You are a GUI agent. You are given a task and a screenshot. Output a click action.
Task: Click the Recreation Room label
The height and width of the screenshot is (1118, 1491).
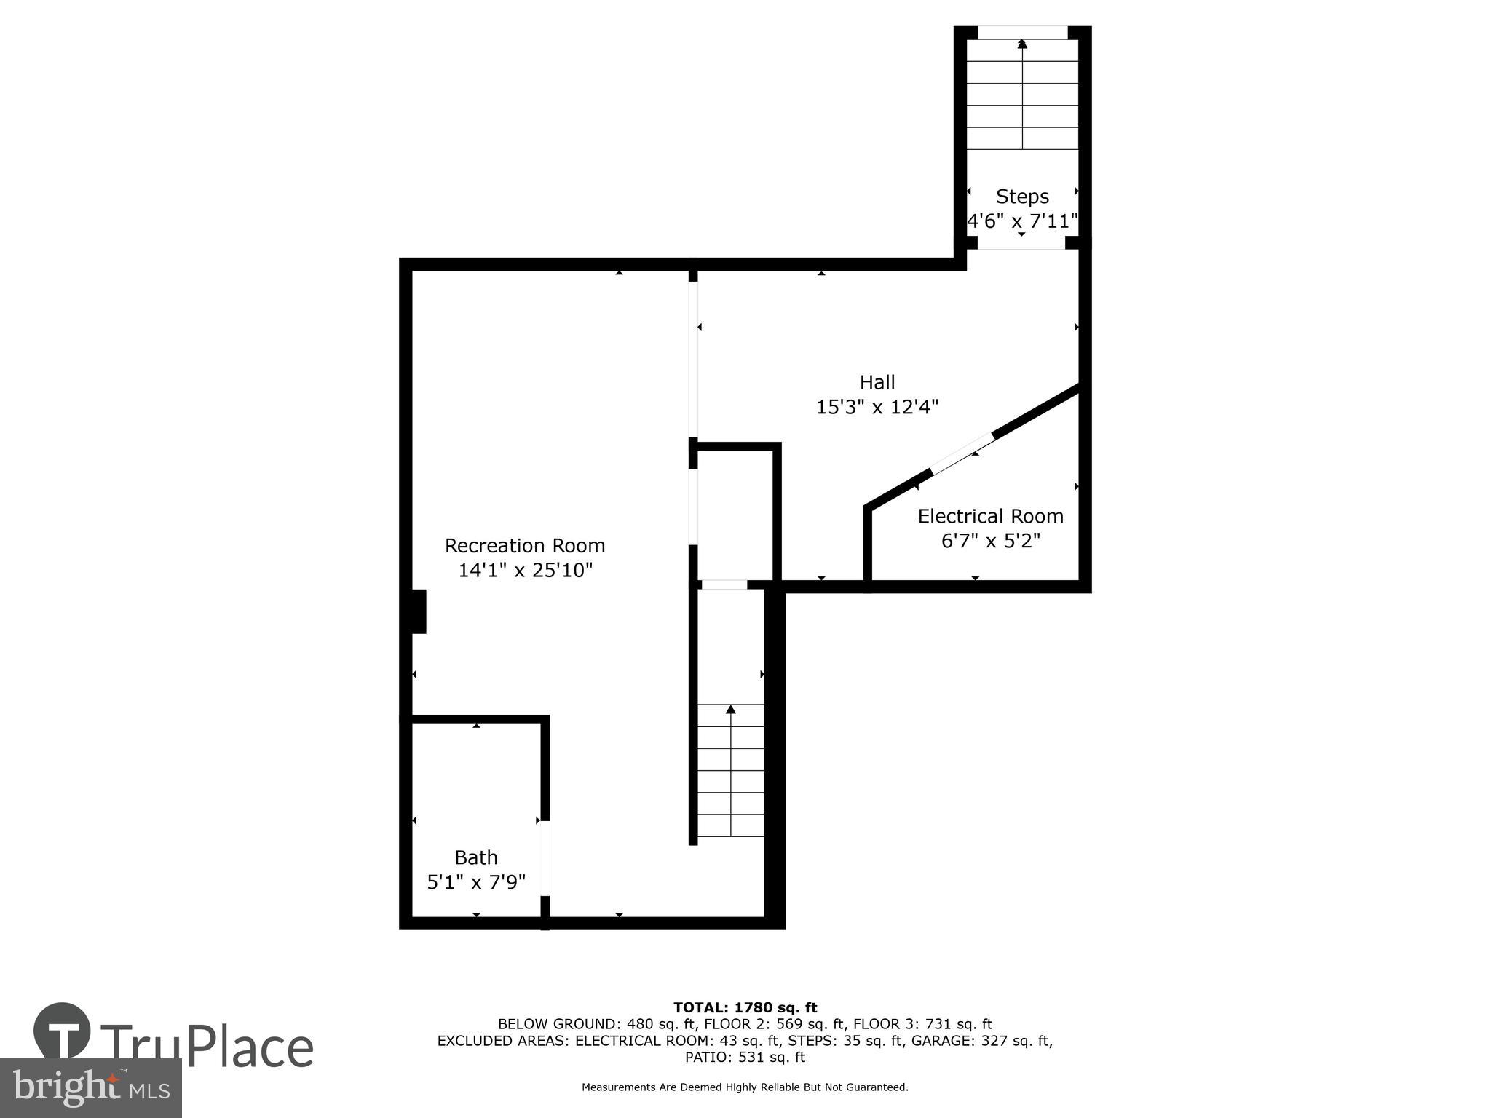pos(524,545)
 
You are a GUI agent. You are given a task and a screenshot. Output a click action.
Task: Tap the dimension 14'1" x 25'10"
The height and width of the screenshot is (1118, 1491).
pos(526,570)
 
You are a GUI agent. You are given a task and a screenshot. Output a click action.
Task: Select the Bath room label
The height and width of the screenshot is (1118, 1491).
pos(476,857)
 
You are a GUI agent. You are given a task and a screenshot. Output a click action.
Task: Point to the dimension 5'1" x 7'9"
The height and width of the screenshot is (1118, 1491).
pos(476,882)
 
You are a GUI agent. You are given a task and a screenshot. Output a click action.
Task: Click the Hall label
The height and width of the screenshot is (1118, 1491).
pos(877,382)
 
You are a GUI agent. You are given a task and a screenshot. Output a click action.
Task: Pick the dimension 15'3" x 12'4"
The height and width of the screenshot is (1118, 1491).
pos(877,407)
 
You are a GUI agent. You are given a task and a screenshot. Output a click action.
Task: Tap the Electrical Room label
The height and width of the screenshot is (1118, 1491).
pos(990,516)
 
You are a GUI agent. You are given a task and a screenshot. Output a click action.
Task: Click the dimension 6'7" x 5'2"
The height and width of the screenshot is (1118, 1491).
pos(990,541)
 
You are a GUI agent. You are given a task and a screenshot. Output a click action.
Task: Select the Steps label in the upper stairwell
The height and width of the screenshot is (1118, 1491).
pos(1022,197)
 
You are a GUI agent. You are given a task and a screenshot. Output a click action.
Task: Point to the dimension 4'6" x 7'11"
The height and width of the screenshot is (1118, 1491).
pos(1022,221)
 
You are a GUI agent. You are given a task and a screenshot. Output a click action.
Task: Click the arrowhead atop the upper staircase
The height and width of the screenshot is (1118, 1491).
pos(1022,44)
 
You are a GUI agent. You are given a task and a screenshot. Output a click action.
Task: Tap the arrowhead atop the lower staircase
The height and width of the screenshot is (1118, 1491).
pos(731,709)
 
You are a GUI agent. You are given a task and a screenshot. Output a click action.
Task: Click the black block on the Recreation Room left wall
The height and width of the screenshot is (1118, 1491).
pos(419,611)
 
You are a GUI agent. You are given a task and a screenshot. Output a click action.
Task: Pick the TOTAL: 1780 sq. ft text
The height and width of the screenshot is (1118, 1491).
pos(745,1007)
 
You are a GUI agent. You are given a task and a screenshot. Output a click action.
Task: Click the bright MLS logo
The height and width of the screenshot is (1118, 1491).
pos(90,1088)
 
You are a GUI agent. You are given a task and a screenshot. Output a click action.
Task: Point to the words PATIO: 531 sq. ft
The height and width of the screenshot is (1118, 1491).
pos(745,1057)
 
